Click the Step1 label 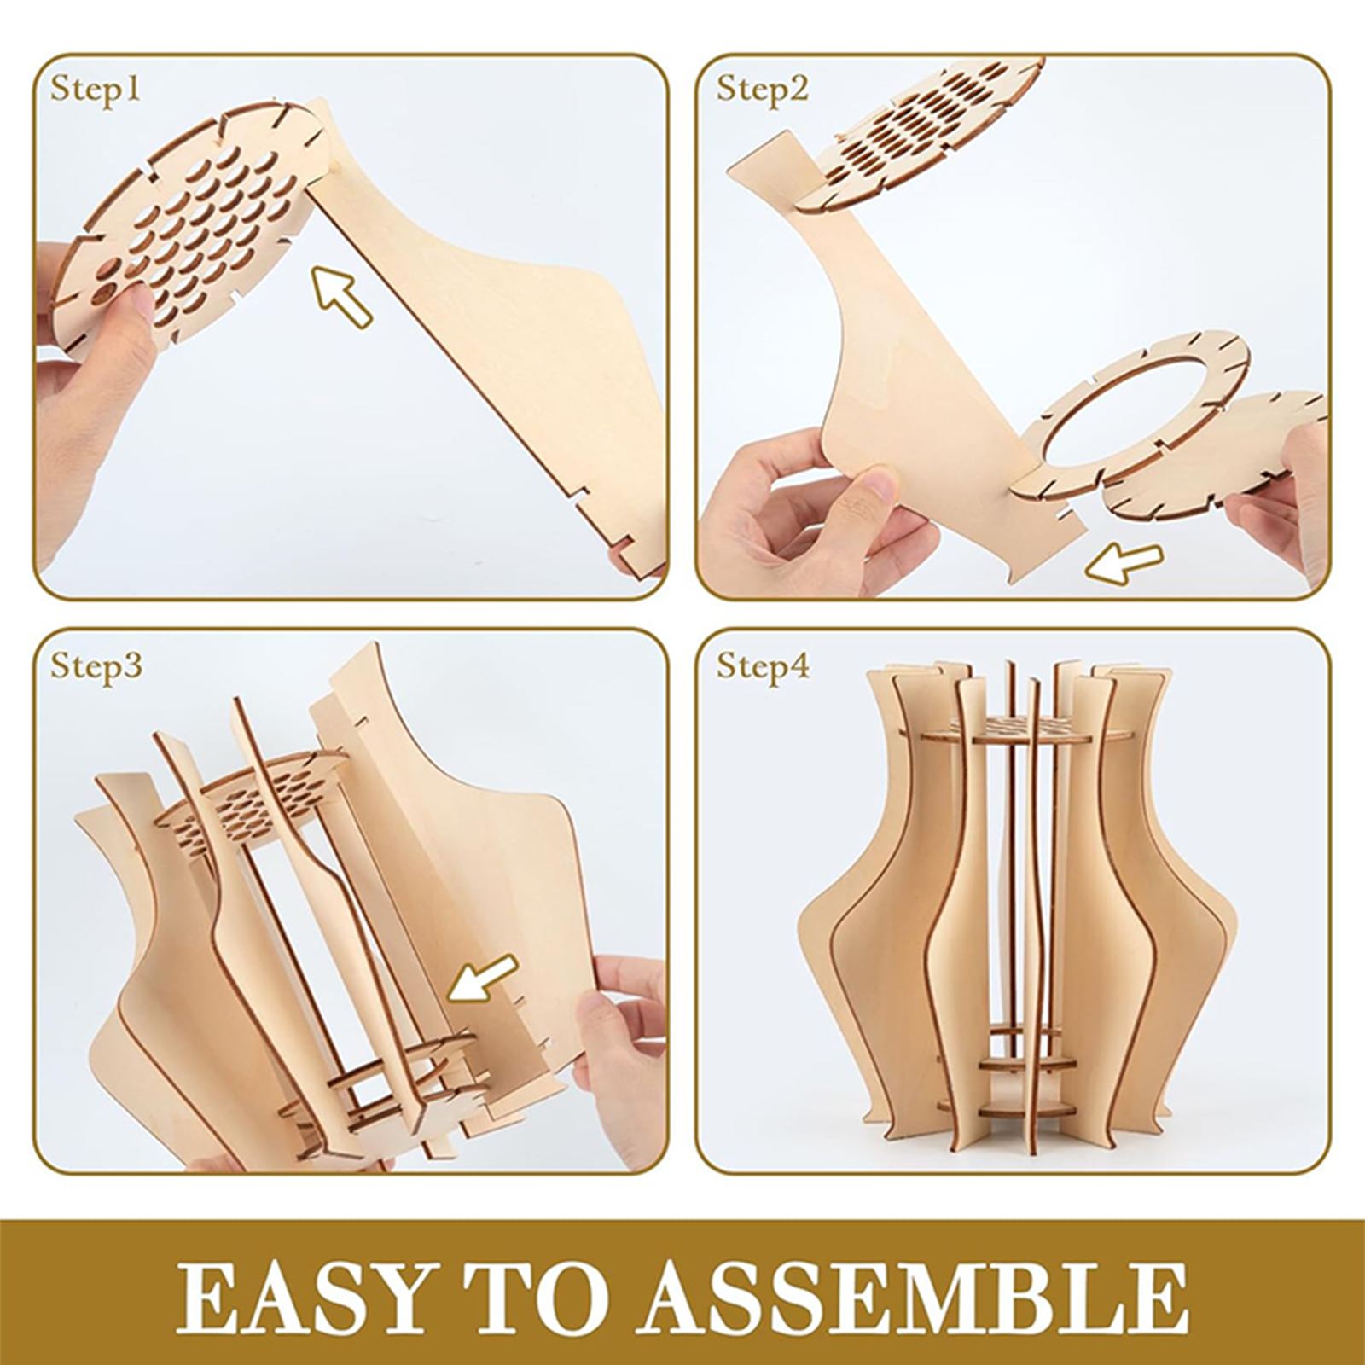click(95, 89)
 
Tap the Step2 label click(762, 89)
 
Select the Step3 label click(96, 665)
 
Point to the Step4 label click(763, 665)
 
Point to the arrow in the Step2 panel click(1127, 562)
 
